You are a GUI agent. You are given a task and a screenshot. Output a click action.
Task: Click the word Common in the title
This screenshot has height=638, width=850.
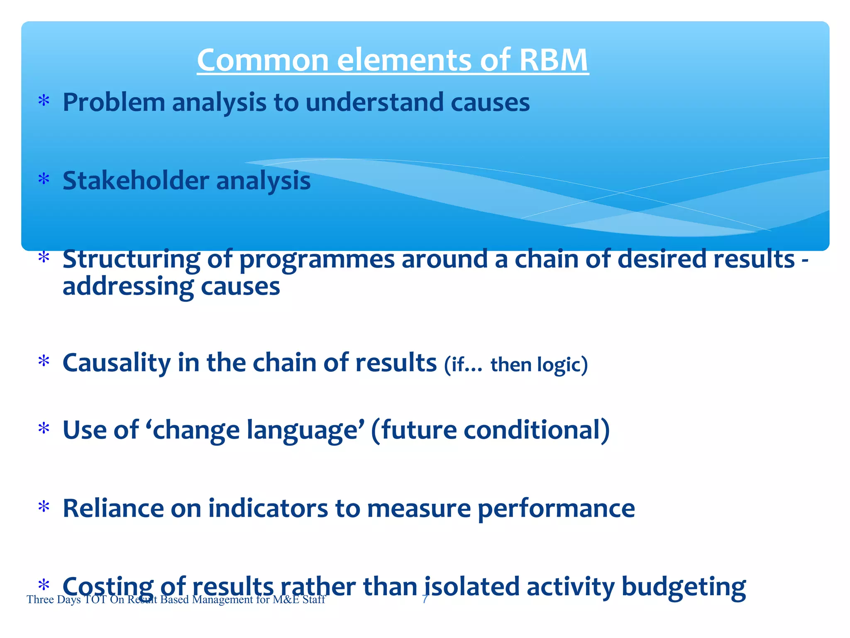[263, 60]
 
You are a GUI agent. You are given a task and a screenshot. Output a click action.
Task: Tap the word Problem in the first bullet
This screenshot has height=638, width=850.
[114, 102]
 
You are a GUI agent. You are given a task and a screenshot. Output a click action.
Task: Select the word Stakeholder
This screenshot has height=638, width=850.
[136, 181]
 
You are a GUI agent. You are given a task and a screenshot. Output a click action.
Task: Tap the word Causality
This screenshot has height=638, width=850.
[117, 363]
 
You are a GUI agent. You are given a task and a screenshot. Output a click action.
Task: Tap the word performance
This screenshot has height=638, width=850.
[556, 509]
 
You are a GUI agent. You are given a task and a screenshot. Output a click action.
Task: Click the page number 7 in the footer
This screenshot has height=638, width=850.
[424, 599]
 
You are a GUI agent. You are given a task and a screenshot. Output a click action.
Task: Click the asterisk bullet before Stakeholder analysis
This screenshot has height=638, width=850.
[44, 180]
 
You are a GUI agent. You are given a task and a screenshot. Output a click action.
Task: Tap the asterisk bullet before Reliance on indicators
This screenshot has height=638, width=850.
[44, 507]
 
